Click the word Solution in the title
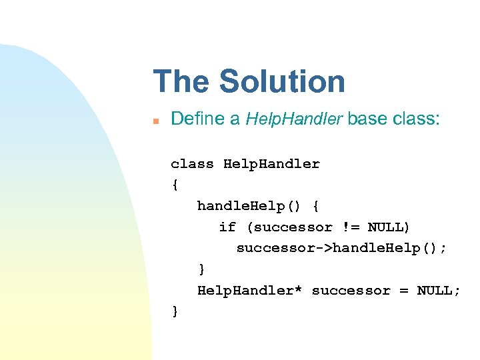click(x=282, y=81)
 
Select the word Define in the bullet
click(x=197, y=119)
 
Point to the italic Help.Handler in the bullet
click(x=294, y=119)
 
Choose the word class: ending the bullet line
click(x=417, y=119)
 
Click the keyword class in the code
click(x=192, y=164)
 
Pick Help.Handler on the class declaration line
click(x=271, y=164)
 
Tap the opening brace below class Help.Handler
click(x=175, y=185)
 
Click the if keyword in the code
click(x=227, y=227)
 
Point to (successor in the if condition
click(x=289, y=227)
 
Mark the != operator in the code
click(x=349, y=227)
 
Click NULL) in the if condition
click(x=389, y=227)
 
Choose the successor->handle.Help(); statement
click(x=342, y=248)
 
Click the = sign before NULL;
click(x=403, y=291)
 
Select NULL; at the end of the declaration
click(x=439, y=291)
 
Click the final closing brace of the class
click(x=175, y=311)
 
